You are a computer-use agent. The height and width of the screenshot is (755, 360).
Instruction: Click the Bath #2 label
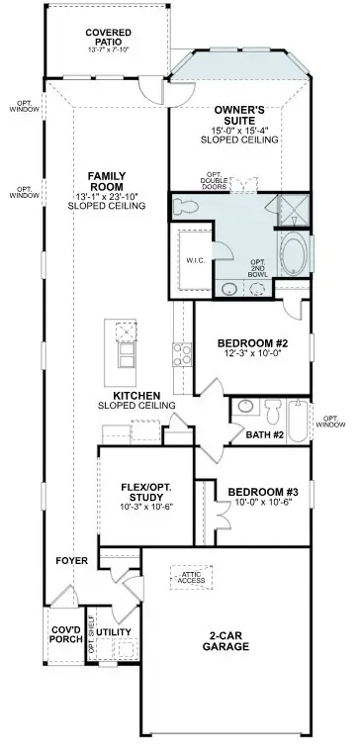[266, 434]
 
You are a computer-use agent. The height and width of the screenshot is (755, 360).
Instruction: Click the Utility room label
[115, 631]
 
